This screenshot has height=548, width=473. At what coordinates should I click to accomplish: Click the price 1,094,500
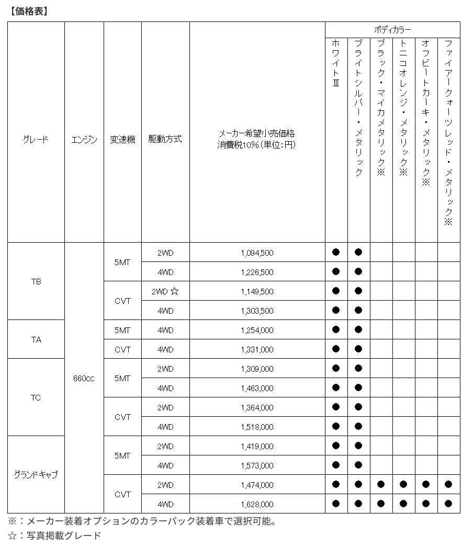257,253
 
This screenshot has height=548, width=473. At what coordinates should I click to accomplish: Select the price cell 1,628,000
257,504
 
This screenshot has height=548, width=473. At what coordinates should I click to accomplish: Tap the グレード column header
36,140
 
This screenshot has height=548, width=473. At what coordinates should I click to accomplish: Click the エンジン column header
84,140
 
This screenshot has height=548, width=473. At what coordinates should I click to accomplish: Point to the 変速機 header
122,140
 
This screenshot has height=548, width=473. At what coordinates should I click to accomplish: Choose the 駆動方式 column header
165,140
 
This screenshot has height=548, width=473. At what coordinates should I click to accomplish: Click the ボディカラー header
392,30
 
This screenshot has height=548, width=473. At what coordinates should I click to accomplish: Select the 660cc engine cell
84,378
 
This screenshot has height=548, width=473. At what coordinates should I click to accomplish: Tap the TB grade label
36,281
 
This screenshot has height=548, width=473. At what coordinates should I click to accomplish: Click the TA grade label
36,339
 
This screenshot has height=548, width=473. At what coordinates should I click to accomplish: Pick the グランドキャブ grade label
36,475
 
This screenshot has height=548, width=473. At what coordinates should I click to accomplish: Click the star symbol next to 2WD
174,291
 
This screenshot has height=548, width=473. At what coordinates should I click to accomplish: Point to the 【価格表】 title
28,10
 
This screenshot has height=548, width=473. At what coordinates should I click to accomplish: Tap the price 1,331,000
257,349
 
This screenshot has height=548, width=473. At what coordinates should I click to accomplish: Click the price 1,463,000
257,388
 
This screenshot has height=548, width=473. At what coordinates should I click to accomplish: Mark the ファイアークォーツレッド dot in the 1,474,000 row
448,485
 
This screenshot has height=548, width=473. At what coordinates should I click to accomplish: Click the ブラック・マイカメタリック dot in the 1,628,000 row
381,504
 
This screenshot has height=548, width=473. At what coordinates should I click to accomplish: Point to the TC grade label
36,397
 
